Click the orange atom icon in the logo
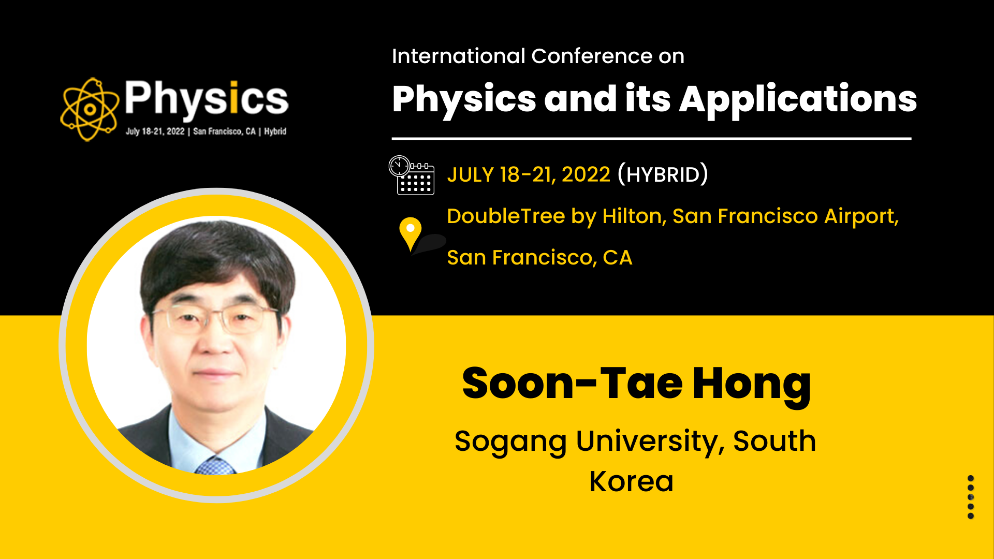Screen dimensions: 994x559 89,109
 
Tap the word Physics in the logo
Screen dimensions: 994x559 206,98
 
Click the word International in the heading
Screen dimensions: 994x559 459,56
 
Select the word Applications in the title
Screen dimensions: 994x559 798,100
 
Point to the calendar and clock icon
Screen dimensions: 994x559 412,175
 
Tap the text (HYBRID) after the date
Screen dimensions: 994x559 663,174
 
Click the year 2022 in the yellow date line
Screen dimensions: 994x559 586,175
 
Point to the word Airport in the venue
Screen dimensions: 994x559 861,216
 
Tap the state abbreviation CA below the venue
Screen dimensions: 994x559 618,258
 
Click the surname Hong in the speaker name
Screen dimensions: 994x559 752,385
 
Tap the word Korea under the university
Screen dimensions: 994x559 632,481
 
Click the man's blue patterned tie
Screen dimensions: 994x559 215,465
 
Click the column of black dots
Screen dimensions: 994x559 971,497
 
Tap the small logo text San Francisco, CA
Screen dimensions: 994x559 225,131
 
